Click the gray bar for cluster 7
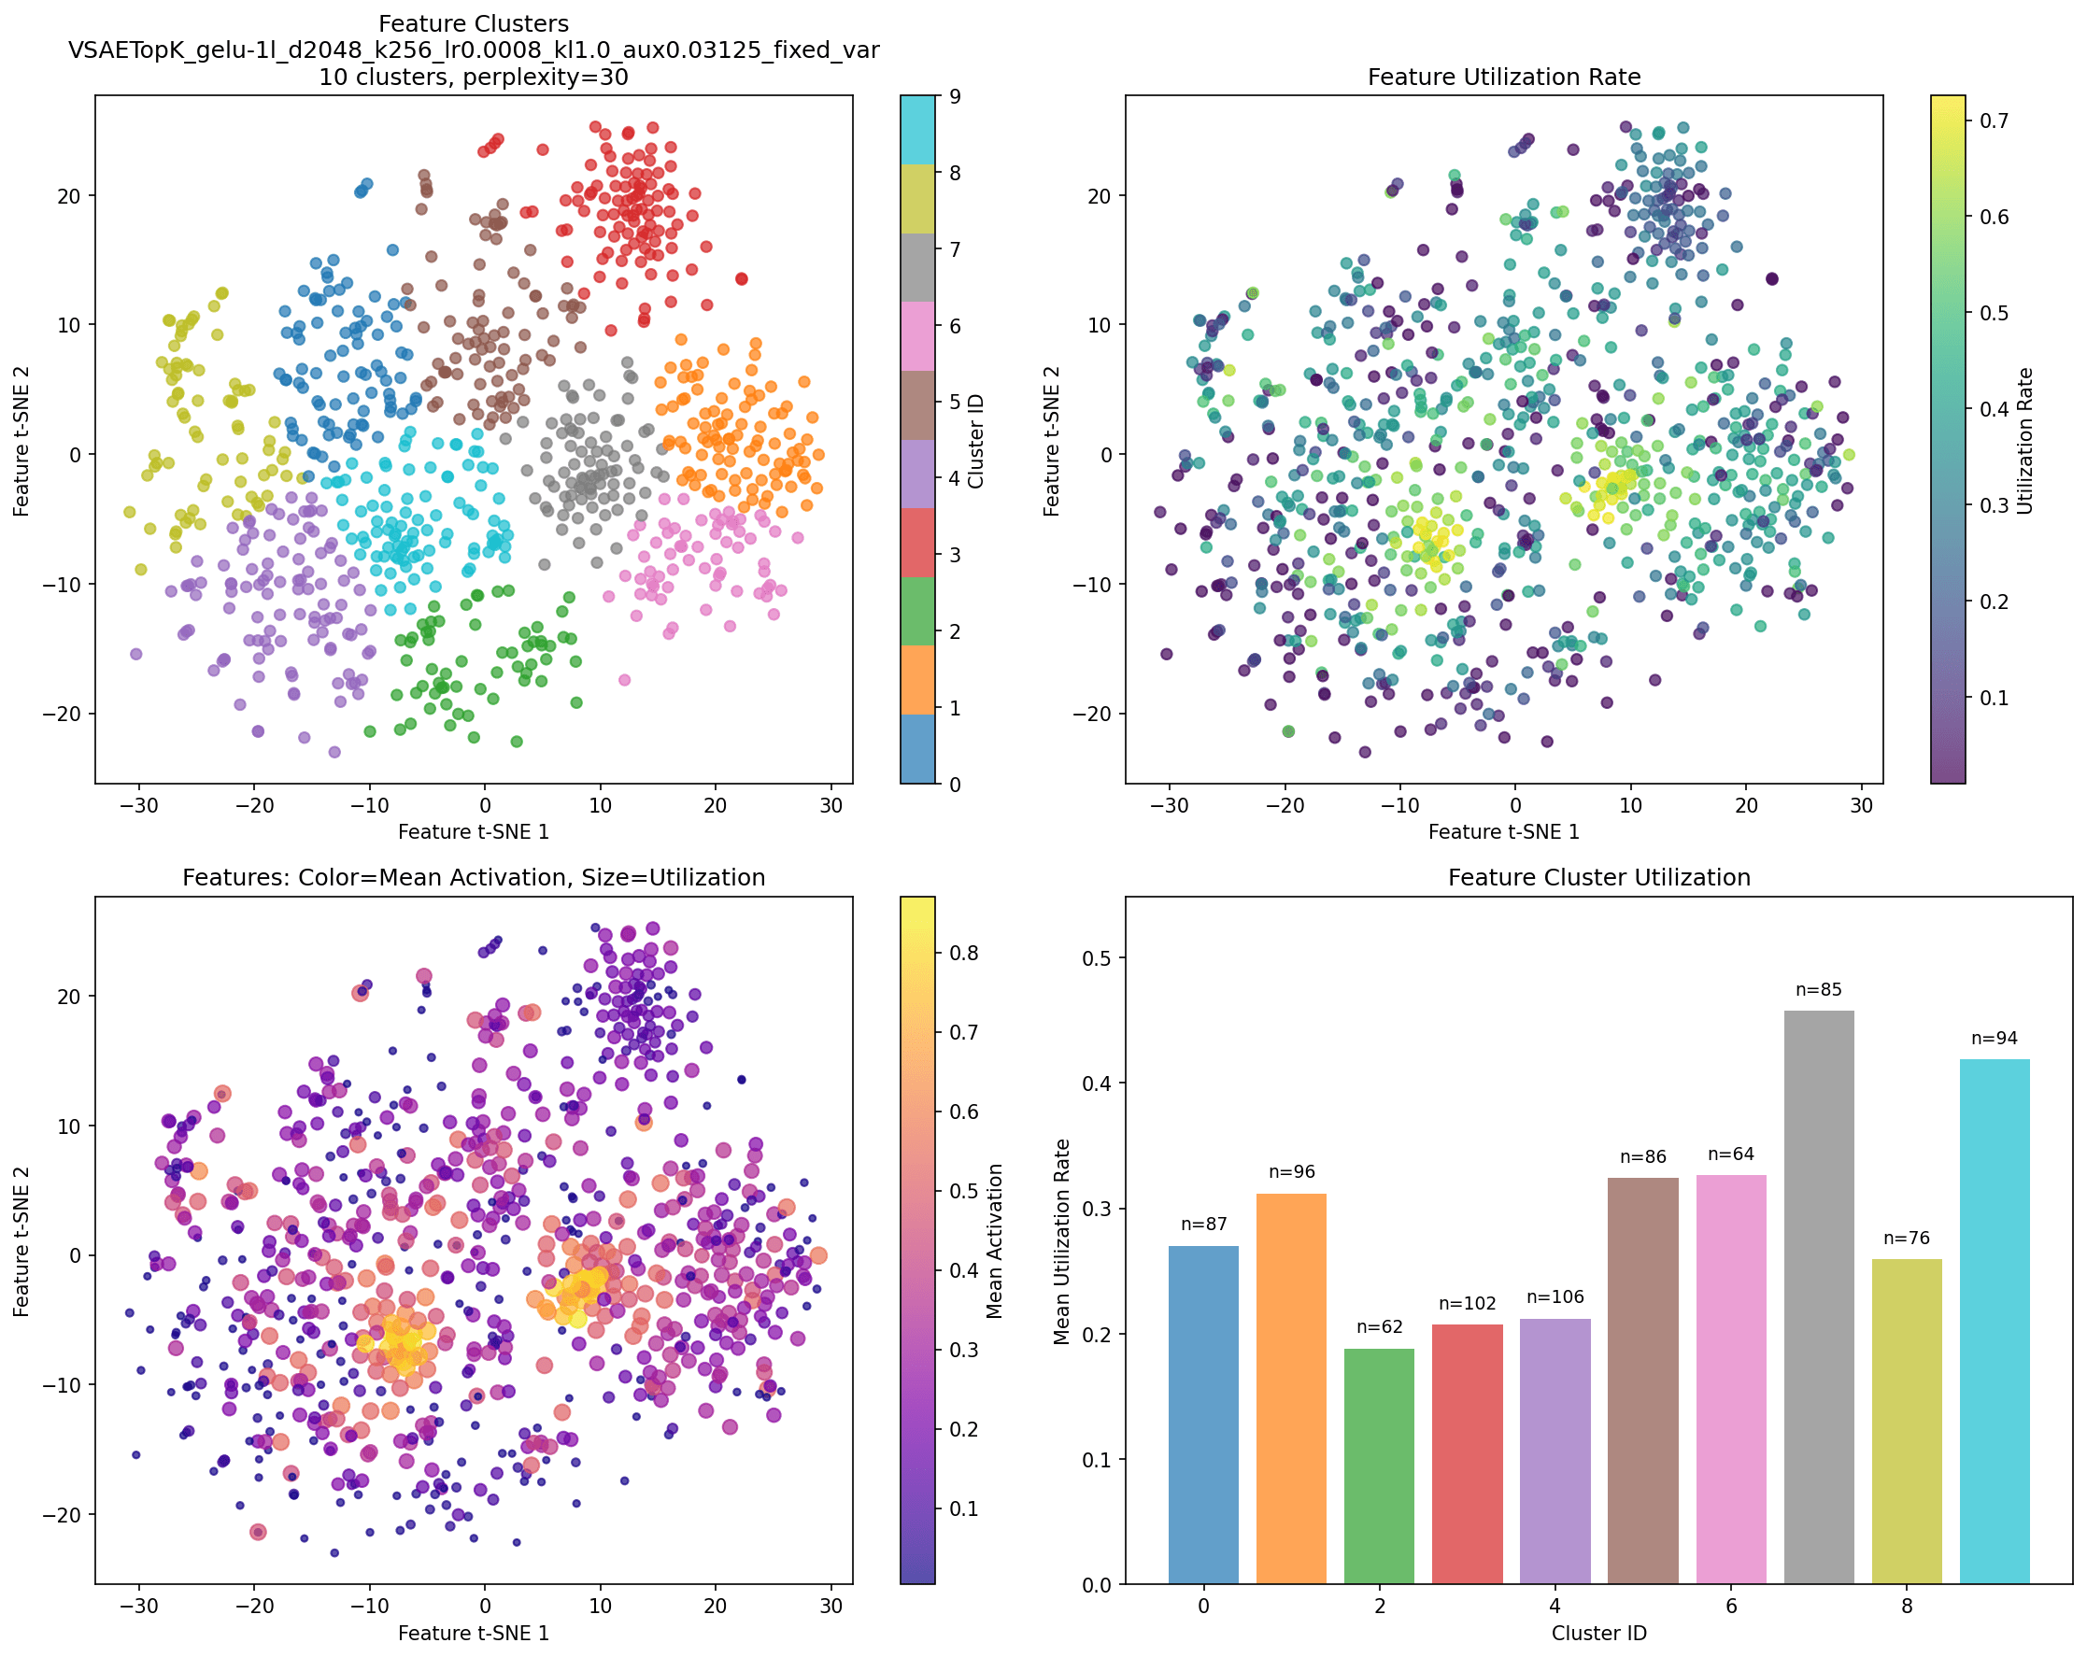tap(1819, 1297)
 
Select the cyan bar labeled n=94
tap(1995, 1321)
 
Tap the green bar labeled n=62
tap(1379, 1466)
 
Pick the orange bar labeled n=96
tap(1291, 1388)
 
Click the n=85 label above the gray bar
tap(1819, 990)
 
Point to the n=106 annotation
tap(1555, 1297)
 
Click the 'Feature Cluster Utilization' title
tap(1599, 878)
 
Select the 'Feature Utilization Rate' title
tap(1503, 78)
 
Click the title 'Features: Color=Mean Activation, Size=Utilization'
tap(474, 878)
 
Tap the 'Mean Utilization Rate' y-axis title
tap(1062, 1240)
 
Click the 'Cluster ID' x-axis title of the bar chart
tap(1599, 1634)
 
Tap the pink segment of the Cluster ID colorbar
tap(917, 336)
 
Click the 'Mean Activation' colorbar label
tap(995, 1240)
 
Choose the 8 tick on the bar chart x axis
tap(1906, 1607)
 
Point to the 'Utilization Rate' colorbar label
tap(2025, 440)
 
